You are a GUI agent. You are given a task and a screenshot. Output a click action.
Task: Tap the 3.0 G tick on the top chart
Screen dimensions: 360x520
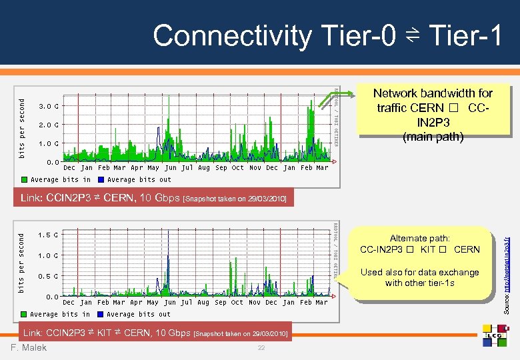coord(47,107)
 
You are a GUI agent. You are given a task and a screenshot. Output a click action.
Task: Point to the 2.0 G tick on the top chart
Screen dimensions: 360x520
coord(47,125)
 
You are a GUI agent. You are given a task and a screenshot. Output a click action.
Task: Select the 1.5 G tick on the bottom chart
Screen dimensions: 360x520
coord(47,235)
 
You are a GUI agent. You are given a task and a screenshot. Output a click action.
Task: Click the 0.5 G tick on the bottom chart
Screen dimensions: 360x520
coord(47,276)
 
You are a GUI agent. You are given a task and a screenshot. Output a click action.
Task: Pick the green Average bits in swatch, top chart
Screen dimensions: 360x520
coord(25,179)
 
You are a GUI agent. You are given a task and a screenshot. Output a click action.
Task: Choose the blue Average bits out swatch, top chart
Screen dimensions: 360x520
coord(101,179)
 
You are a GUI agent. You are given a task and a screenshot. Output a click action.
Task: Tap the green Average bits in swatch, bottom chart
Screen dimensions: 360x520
coord(25,314)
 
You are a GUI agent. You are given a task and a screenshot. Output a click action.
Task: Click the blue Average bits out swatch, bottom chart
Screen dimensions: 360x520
coord(101,314)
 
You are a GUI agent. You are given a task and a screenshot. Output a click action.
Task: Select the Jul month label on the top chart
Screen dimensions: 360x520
coord(187,168)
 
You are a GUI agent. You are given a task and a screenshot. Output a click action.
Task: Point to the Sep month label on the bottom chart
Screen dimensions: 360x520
coord(221,303)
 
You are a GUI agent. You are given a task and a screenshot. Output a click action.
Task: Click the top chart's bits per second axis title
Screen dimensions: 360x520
coord(22,128)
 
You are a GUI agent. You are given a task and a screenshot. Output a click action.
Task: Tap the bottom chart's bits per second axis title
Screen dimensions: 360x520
coord(22,262)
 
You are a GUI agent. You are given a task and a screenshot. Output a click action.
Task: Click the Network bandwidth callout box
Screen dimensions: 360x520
coord(432,115)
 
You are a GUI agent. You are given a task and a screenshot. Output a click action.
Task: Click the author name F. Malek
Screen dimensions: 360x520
coord(29,347)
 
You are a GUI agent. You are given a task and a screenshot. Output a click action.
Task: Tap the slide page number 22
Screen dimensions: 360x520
coord(261,349)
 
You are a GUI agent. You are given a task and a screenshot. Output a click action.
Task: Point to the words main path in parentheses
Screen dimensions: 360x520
coord(433,137)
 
